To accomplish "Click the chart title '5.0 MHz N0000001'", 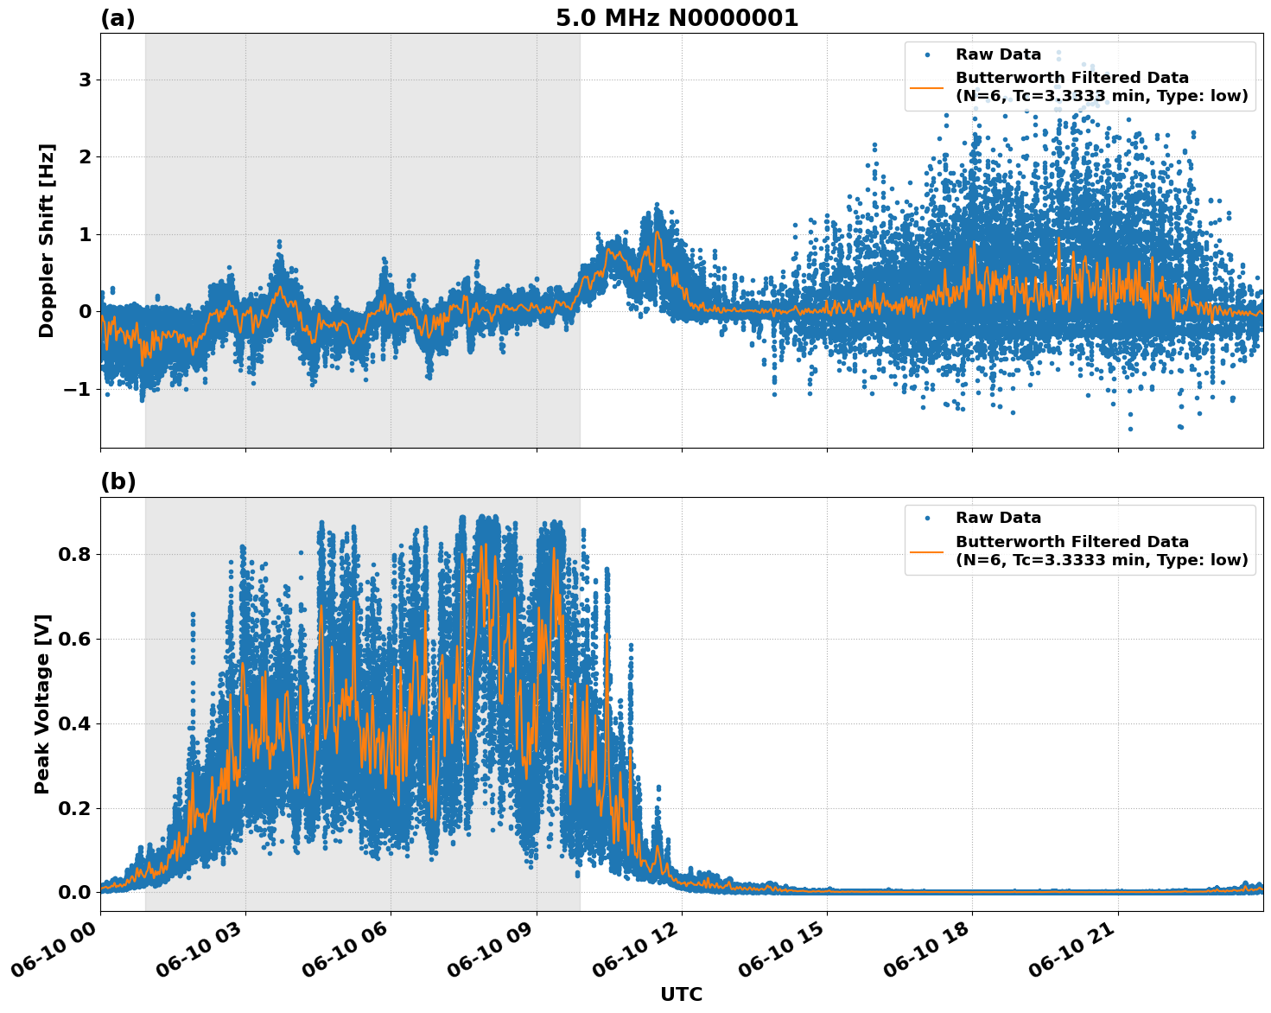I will tap(677, 18).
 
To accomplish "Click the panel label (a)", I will tap(118, 18).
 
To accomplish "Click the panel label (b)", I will tap(118, 482).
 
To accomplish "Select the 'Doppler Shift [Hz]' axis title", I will tap(47, 240).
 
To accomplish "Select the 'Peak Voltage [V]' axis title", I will tap(42, 704).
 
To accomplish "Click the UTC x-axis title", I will tap(681, 994).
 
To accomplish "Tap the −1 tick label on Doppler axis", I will tap(77, 389).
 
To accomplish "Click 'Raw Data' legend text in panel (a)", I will tap(998, 54).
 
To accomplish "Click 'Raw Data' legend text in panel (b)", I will tap(998, 518).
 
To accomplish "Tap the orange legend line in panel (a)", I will tap(927, 86).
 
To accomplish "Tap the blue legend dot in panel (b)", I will tap(927, 518).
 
